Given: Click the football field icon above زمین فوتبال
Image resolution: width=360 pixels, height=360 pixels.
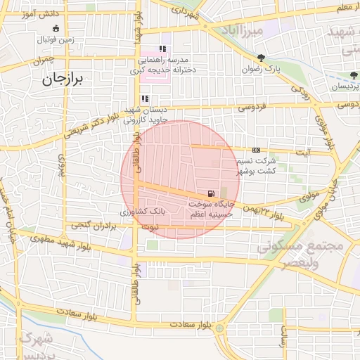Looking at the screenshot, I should tap(56, 28).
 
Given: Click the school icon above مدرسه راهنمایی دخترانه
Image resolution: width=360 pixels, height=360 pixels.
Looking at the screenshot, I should tap(162, 49).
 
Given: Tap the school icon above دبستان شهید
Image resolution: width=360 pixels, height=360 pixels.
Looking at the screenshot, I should tap(145, 99).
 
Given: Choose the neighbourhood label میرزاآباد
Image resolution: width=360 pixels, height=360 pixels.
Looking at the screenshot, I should tap(260, 32).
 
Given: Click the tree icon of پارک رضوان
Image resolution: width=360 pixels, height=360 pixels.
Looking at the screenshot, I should tap(262, 58).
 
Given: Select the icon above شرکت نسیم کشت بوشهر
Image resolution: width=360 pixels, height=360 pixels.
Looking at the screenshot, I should tap(256, 150).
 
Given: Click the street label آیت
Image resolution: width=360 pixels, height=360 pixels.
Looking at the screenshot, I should tap(304, 153).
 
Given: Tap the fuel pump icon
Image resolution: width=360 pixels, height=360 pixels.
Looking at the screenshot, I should tap(210, 193).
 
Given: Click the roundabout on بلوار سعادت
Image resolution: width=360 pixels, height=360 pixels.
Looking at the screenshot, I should tap(220, 328).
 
